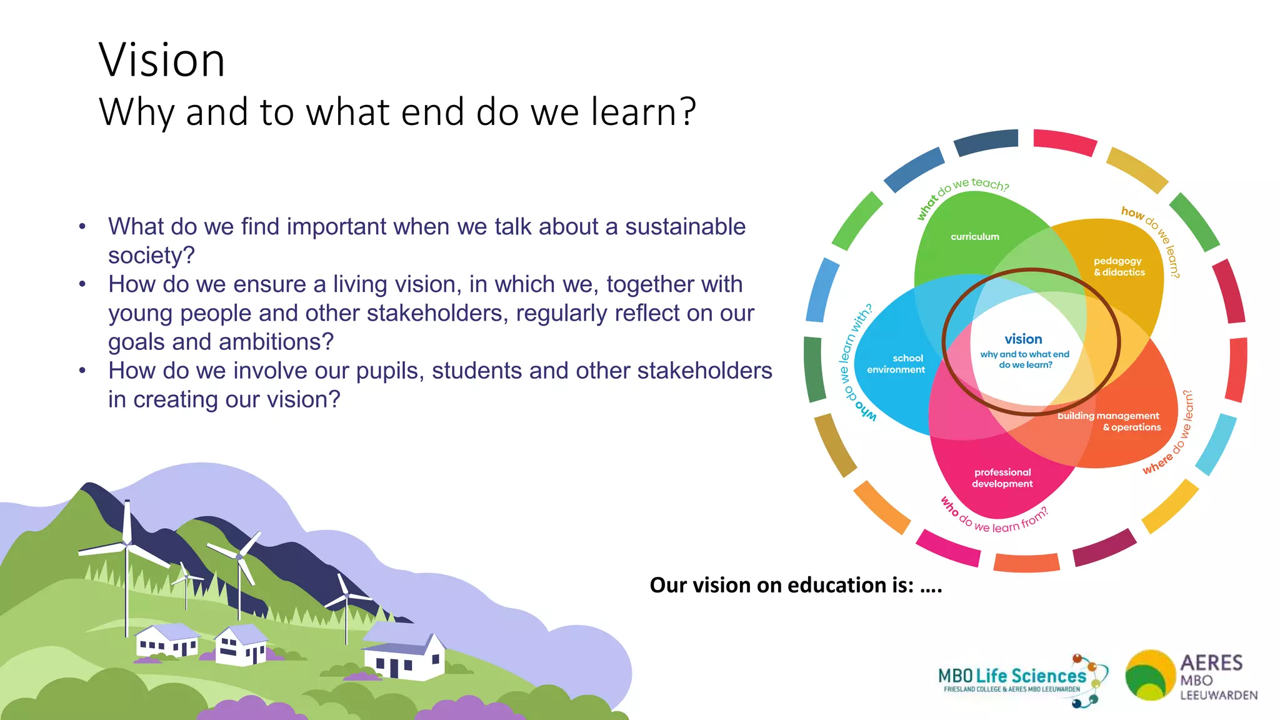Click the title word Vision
coord(161,61)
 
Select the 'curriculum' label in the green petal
coord(974,237)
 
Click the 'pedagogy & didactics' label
coord(1119,267)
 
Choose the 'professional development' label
coord(1002,478)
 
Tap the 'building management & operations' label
coord(1109,422)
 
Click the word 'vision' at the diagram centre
coord(1023,339)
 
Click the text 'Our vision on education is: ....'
coord(795,586)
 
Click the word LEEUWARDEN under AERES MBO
coord(1218,696)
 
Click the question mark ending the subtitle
coord(688,112)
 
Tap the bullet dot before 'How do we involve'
coord(82,371)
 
